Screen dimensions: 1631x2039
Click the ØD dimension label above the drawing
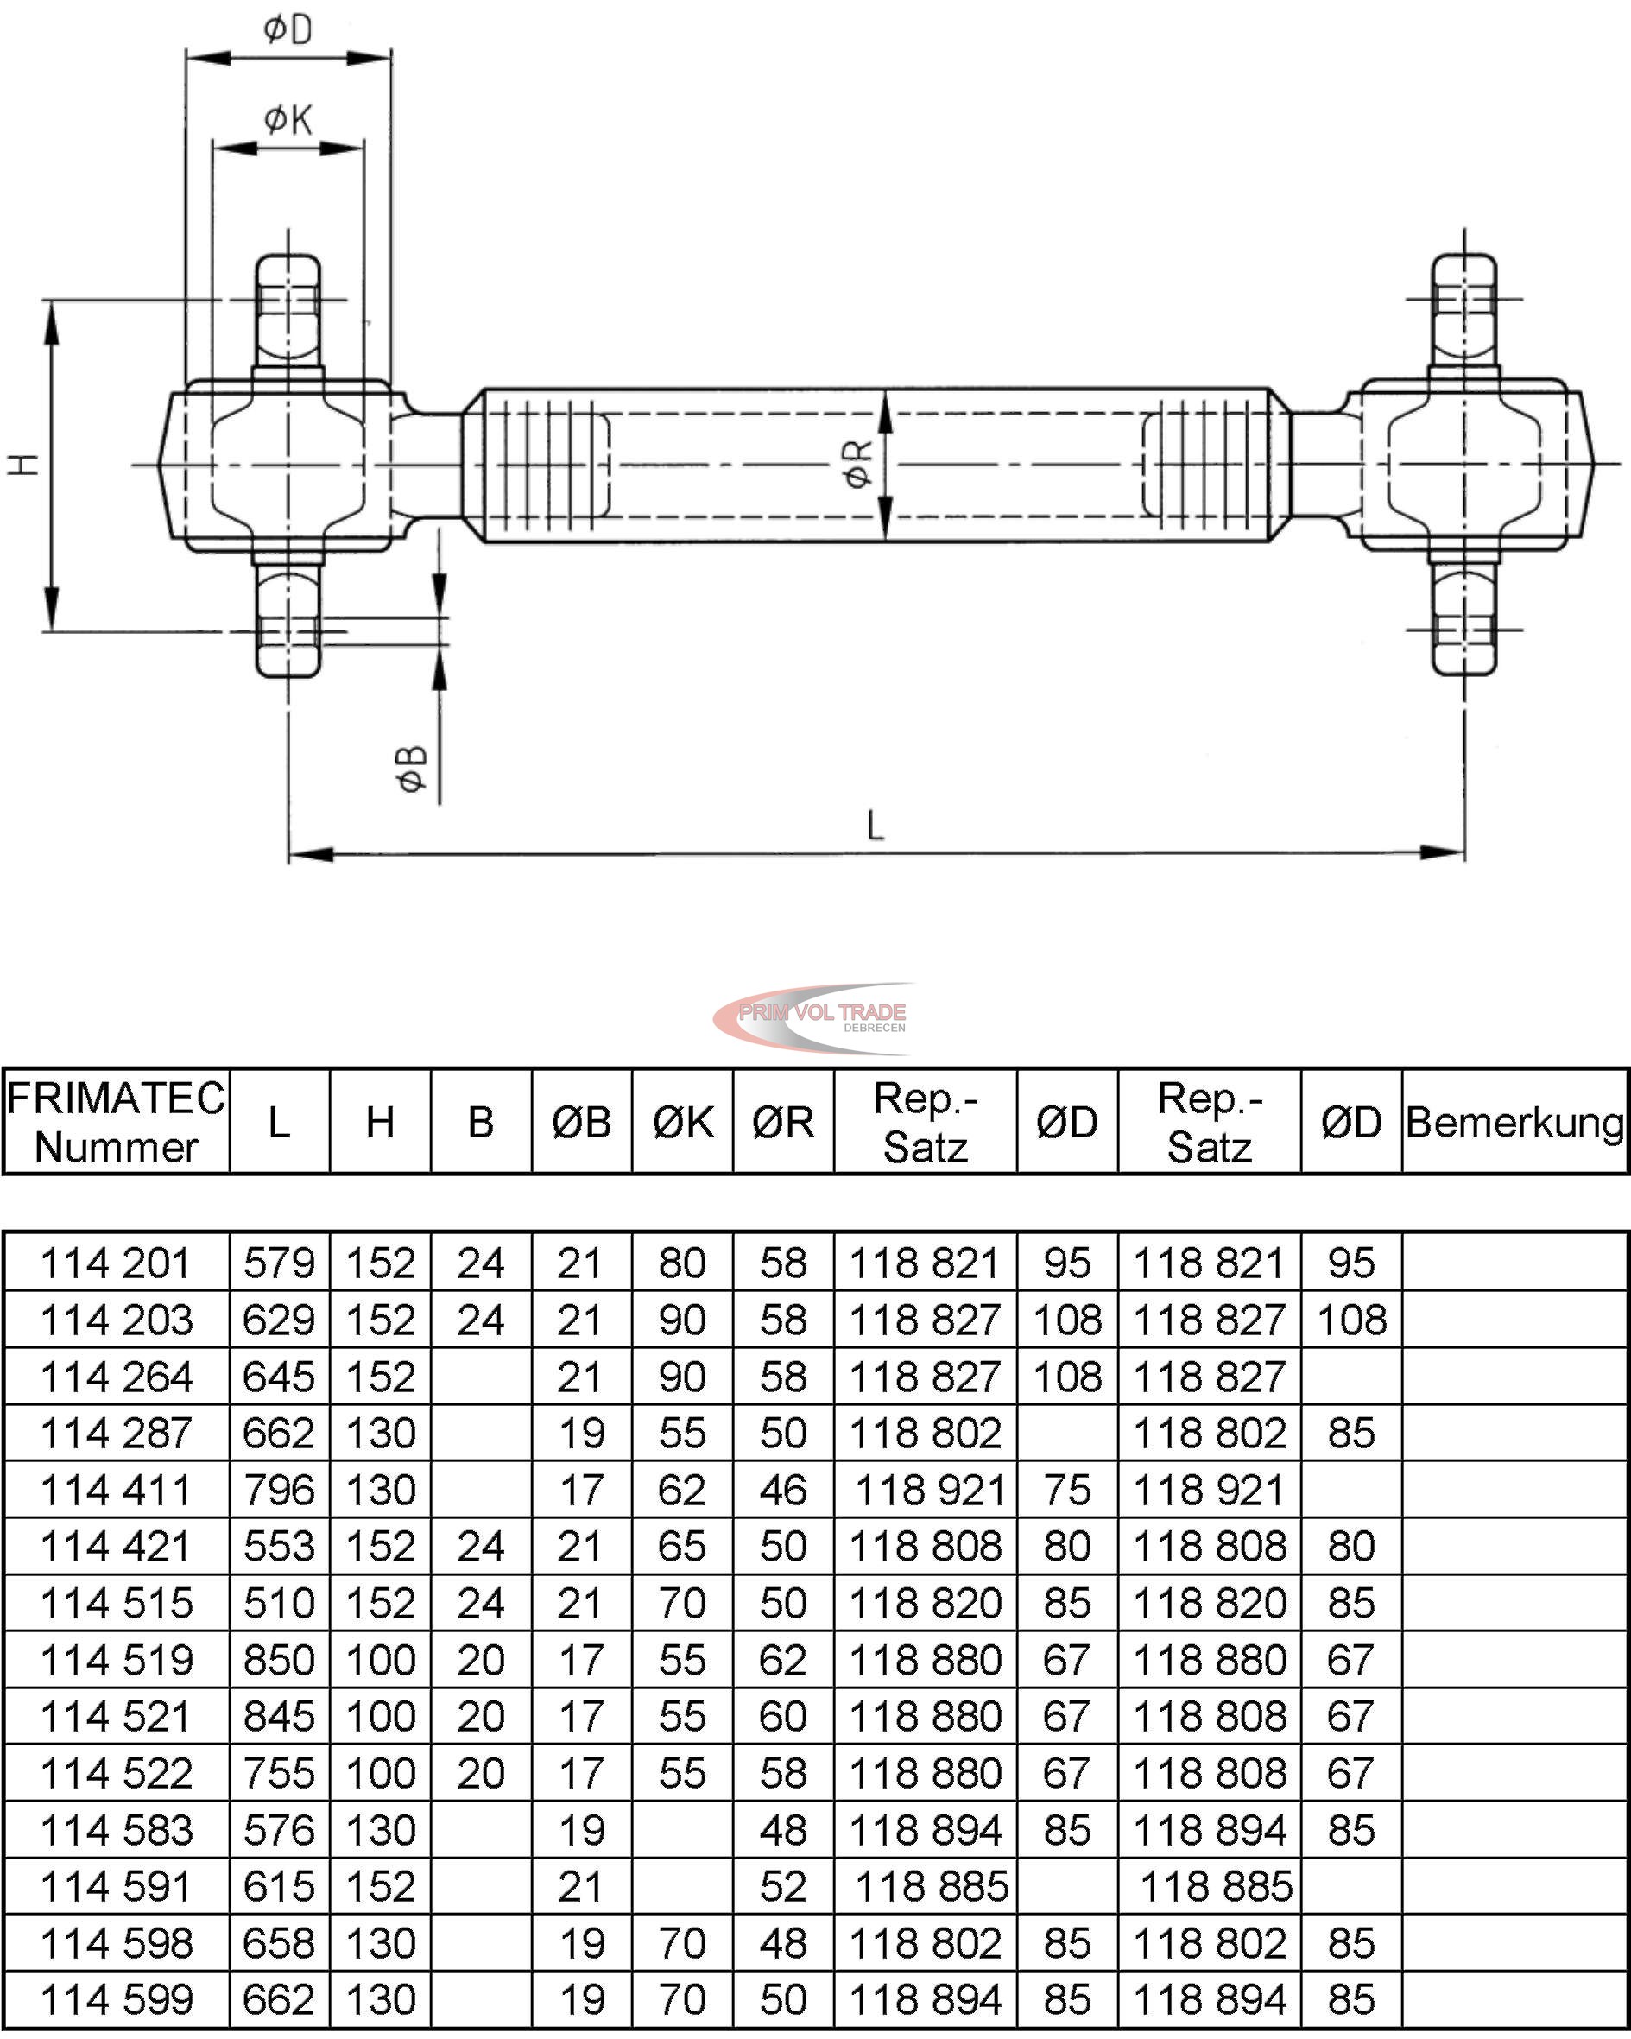click(288, 29)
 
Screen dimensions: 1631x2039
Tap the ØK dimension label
click(288, 120)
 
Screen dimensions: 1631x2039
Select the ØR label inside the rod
click(857, 465)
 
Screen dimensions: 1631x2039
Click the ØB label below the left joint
click(411, 769)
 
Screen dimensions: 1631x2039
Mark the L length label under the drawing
click(876, 826)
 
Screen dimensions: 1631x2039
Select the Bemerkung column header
click(1514, 1123)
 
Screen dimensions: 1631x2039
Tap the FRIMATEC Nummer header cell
click(117, 1123)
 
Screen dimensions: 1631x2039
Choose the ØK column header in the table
click(683, 1123)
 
